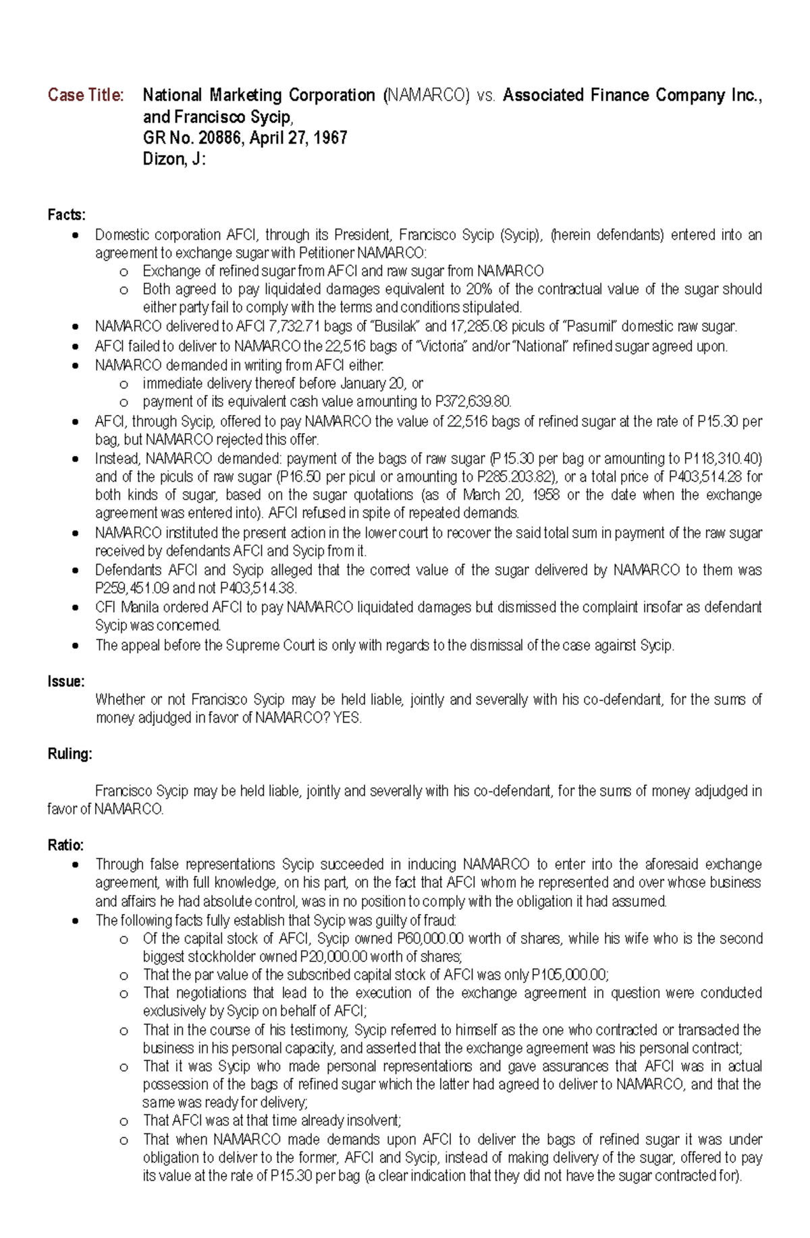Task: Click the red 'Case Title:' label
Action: (86, 95)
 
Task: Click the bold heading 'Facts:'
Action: (66, 215)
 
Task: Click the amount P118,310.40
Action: (722, 459)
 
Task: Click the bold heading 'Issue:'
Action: (65, 681)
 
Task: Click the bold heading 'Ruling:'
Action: (70, 754)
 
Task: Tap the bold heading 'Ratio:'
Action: (65, 845)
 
